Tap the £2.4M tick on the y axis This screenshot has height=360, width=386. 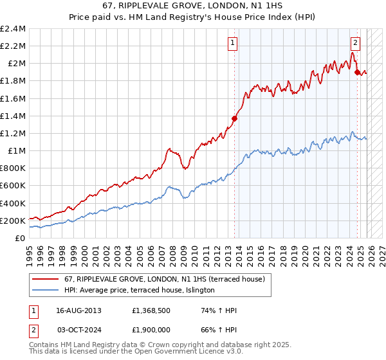[x=13, y=29]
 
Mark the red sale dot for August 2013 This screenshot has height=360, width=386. [x=234, y=118]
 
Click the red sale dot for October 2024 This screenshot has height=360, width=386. [x=357, y=72]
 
